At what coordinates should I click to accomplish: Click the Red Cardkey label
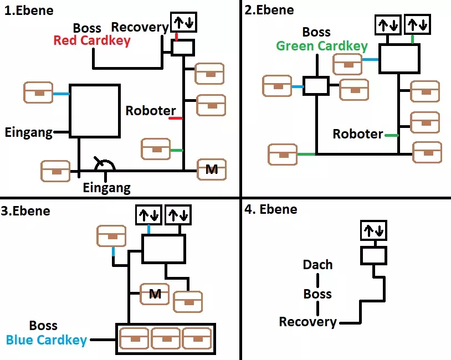(92, 40)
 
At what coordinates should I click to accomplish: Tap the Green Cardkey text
(322, 45)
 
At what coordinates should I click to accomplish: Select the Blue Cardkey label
(47, 340)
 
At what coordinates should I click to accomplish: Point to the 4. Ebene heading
(271, 209)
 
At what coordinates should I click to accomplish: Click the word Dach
(317, 265)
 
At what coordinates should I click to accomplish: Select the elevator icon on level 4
(373, 230)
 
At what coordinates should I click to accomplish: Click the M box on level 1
(212, 169)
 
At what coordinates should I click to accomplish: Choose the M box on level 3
(155, 294)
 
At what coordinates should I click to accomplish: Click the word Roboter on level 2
(358, 134)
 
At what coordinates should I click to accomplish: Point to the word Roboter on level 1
(151, 111)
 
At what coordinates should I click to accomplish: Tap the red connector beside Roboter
(176, 118)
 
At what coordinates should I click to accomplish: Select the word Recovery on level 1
(140, 27)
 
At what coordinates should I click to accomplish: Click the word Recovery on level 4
(307, 322)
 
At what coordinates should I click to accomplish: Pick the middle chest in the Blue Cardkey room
(165, 337)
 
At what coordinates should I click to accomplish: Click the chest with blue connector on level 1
(38, 92)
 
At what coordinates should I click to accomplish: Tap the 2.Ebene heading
(270, 10)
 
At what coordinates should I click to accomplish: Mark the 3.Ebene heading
(26, 211)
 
